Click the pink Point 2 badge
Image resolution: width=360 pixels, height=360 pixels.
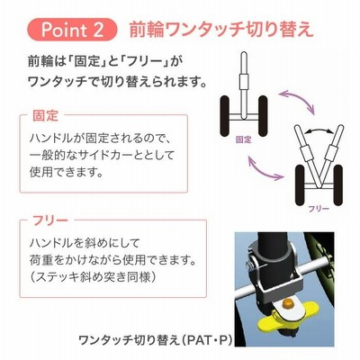(x=72, y=30)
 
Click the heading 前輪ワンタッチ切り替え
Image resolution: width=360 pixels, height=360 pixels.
(x=221, y=31)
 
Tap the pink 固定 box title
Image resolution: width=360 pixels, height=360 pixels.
(x=45, y=116)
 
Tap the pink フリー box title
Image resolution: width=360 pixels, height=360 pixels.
(x=50, y=221)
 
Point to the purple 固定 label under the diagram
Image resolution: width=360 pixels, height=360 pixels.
(x=243, y=139)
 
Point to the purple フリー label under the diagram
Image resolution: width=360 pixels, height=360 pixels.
(x=319, y=209)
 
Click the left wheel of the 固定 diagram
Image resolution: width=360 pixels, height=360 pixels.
(x=225, y=116)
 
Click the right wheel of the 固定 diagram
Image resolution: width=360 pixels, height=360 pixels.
(x=263, y=116)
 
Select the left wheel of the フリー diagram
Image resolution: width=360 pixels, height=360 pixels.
(x=300, y=185)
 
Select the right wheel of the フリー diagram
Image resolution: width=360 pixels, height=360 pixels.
(x=337, y=185)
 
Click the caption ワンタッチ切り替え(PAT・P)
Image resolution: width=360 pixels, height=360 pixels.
(x=156, y=340)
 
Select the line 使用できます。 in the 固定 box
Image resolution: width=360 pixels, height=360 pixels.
(x=67, y=173)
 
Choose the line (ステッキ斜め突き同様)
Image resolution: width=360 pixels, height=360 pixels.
(x=93, y=276)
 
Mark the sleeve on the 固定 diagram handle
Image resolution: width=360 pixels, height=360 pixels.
(x=244, y=82)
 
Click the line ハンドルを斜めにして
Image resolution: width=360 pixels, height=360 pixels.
(x=85, y=243)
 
